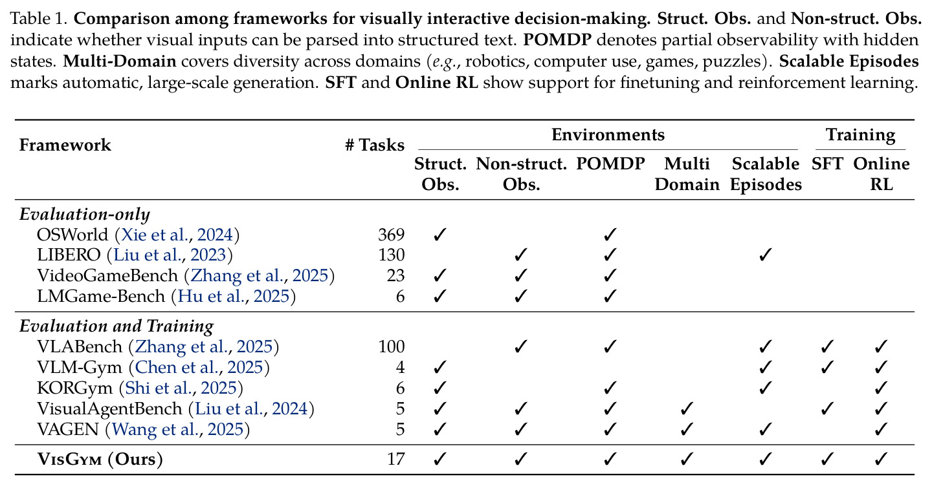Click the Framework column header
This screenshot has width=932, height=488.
pos(65,145)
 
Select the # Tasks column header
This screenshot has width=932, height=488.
pos(375,145)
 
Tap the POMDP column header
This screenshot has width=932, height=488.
pos(610,164)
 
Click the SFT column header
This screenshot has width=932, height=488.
pos(827,164)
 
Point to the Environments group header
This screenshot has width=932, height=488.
pos(608,134)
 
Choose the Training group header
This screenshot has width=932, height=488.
pos(860,135)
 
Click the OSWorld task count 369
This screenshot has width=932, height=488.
pos(391,235)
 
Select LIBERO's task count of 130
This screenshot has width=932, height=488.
pos(391,255)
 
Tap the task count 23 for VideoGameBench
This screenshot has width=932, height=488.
pos(395,275)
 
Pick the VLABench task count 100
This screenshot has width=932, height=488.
pos(391,346)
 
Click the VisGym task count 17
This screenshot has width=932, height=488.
pos(395,460)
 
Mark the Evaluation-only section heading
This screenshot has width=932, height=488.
pos(84,215)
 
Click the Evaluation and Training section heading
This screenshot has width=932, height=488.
pos(116,326)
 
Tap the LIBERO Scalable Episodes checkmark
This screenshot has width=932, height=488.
pos(766,255)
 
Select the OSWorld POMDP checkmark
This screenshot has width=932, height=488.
pos(610,235)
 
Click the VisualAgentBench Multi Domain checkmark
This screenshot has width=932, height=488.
pos(687,409)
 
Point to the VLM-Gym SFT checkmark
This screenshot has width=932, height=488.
pos(827,368)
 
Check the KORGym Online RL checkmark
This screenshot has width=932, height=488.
pos(881,388)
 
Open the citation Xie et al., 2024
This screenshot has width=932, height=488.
pos(177,235)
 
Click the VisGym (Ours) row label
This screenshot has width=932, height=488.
pos(100,460)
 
